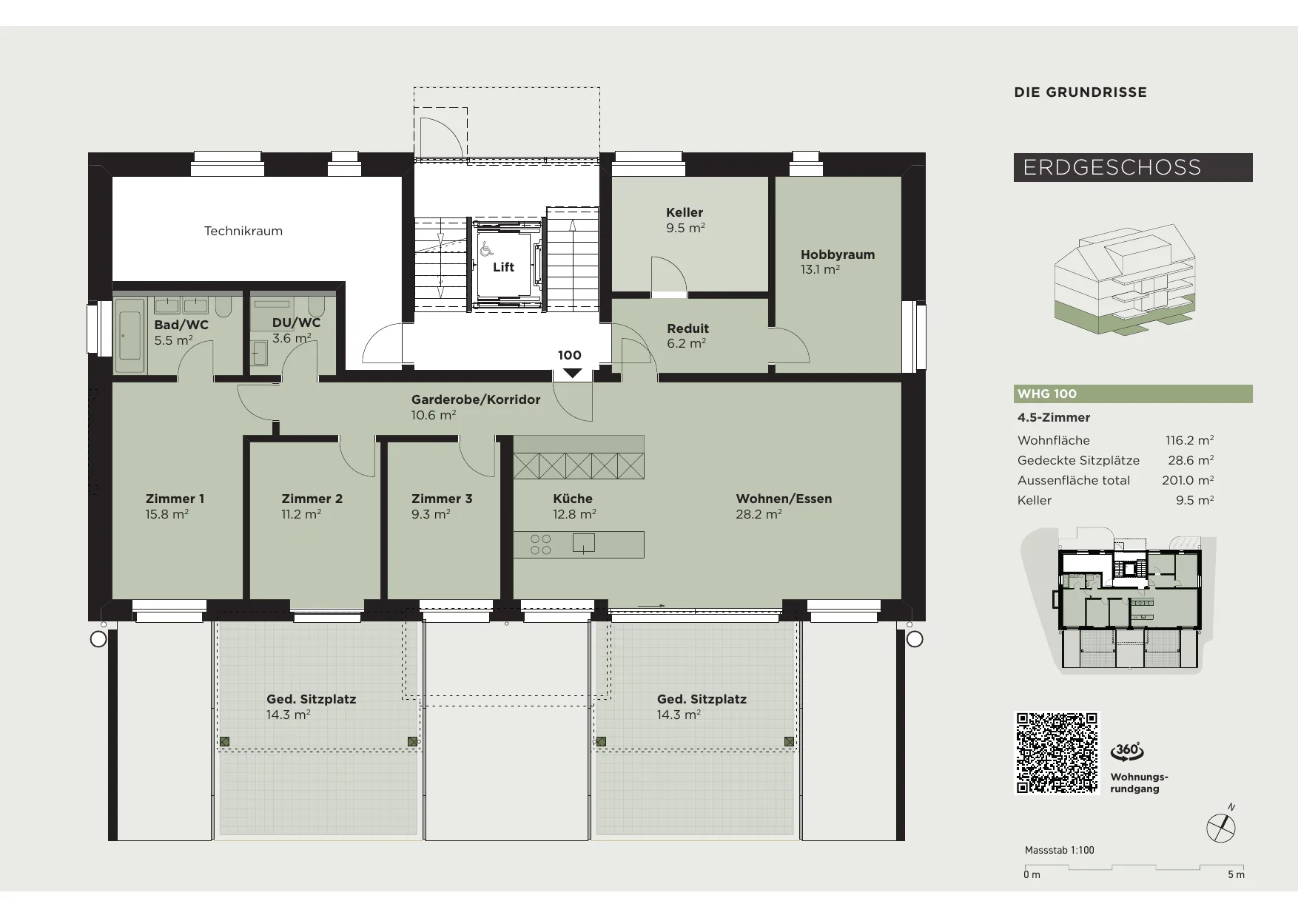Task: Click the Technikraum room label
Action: [243, 231]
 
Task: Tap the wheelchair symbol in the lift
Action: [486, 249]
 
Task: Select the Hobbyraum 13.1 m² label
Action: [838, 262]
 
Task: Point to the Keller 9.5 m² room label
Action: [685, 220]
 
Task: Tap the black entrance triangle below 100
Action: [573, 374]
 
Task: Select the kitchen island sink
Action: [584, 544]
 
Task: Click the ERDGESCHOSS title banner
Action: [1133, 167]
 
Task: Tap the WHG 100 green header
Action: [1133, 394]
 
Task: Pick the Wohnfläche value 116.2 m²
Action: [1189, 440]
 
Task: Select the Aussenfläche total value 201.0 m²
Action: [1188, 480]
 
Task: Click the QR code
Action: [1057, 753]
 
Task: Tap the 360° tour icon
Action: [1127, 752]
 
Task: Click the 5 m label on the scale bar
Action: [1236, 875]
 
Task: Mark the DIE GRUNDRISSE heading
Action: [1080, 92]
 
